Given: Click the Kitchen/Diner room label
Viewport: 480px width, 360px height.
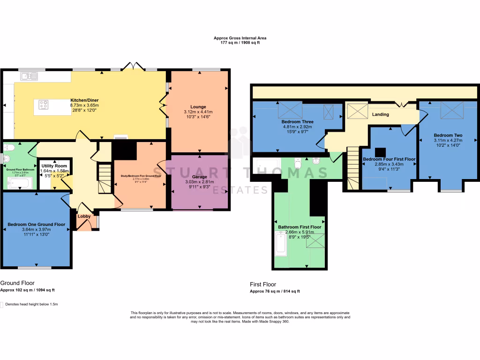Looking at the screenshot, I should (x=84, y=100).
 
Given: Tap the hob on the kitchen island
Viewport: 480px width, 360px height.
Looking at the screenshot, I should (x=44, y=105).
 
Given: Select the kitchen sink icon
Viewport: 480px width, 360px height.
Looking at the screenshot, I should (x=27, y=76).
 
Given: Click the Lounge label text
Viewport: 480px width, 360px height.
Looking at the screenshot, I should (x=198, y=107).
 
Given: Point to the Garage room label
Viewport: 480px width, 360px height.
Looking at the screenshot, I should (x=199, y=177).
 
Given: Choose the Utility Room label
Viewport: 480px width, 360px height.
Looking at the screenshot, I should (x=54, y=166).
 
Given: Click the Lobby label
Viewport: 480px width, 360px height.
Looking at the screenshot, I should (x=84, y=216).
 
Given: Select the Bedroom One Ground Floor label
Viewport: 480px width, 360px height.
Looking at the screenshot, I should (x=37, y=224).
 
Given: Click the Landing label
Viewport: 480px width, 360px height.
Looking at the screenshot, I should (x=380, y=114).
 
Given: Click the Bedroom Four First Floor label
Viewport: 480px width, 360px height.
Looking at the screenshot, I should (x=389, y=159).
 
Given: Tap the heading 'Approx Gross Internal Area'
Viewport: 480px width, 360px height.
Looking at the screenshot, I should (x=240, y=38).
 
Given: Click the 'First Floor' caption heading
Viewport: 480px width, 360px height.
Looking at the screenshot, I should (x=263, y=284).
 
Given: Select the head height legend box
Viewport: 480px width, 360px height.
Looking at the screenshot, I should (x=2, y=304).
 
